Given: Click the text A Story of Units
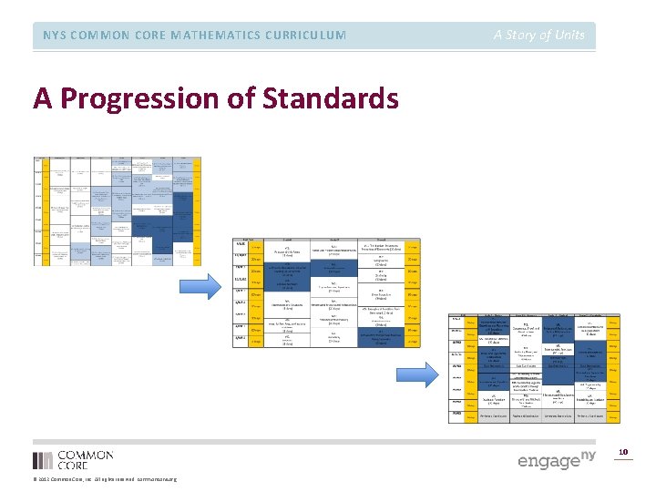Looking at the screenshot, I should tap(538, 36).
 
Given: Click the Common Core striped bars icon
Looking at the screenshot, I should tap(43, 460).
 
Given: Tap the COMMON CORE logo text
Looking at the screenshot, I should tap(85, 460).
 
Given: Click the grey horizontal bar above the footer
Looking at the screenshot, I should tap(328, 442).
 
